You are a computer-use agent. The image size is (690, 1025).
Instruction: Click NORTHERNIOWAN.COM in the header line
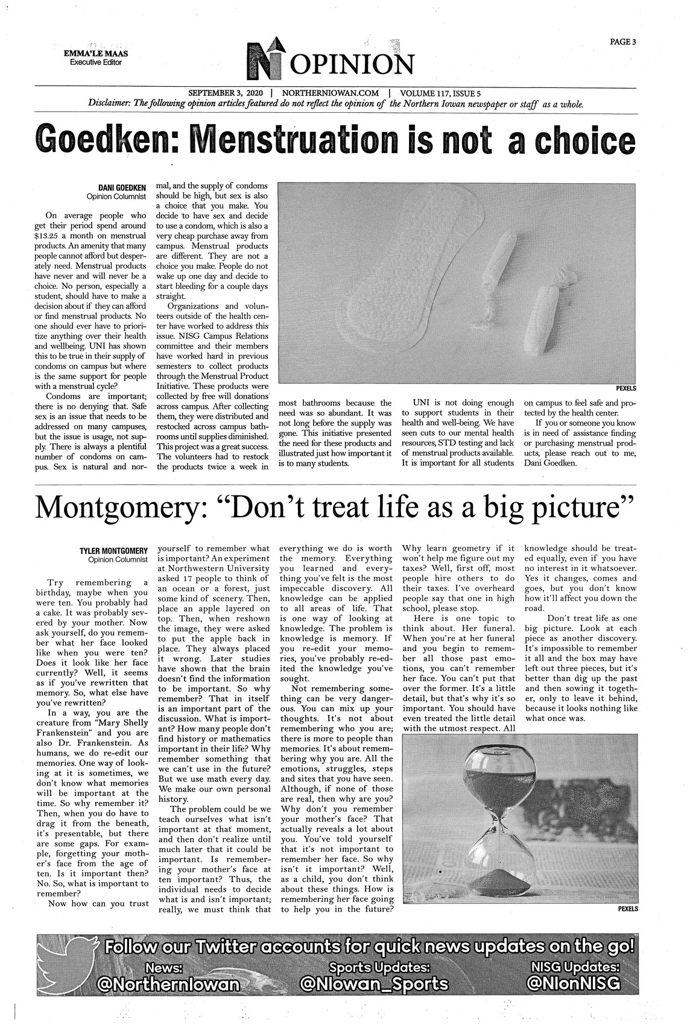tap(330, 93)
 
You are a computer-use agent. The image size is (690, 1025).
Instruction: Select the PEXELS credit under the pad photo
tap(626, 388)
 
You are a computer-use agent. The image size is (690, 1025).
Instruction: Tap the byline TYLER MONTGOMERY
tap(114, 550)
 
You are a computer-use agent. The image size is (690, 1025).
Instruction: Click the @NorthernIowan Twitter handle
tap(169, 984)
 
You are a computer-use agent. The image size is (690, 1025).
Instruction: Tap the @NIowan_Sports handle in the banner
tap(374, 984)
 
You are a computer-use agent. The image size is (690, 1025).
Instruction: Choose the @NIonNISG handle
tap(572, 984)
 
